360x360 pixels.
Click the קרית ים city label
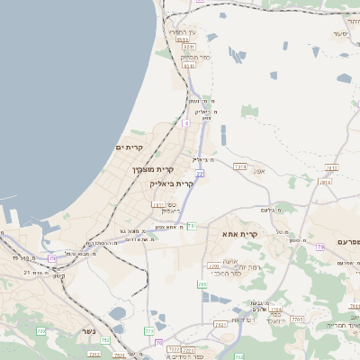pos(130,147)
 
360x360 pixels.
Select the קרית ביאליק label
pos(172,184)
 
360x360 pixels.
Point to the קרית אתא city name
pos(240,234)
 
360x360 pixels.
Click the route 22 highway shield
pos(200,173)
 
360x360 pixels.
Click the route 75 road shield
pos(52,258)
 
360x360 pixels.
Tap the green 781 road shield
pos(192,226)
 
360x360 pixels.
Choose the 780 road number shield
pos(213,266)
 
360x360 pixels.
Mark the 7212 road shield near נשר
pos(106,341)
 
